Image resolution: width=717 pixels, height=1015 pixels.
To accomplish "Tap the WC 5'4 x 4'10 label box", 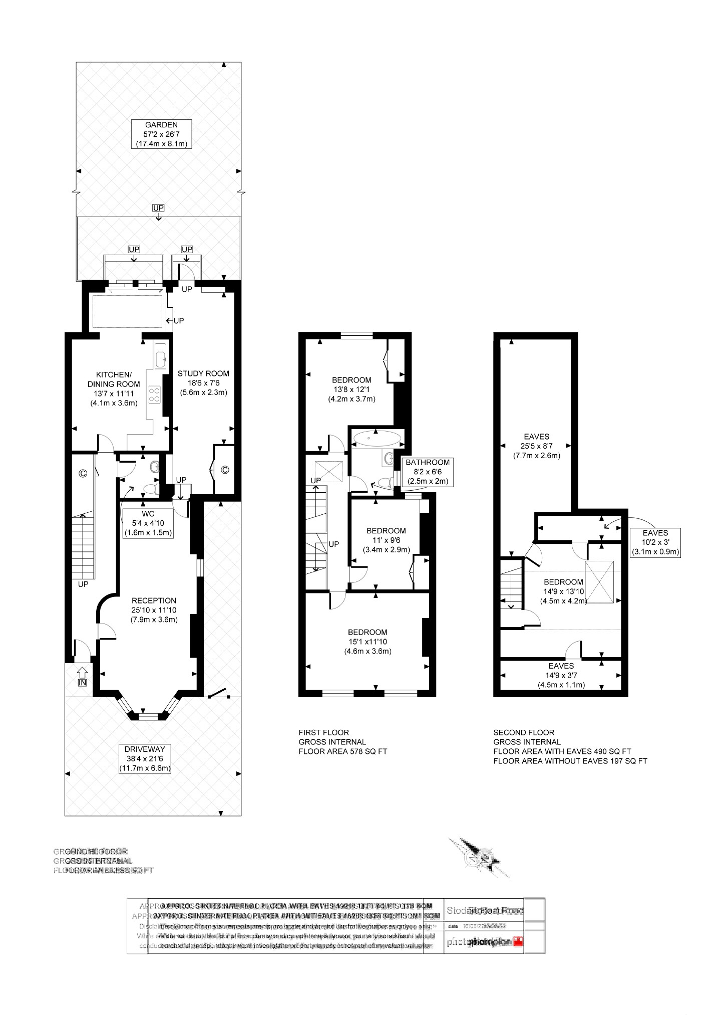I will click(148, 523).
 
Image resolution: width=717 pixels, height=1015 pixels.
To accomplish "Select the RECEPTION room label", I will click(154, 610).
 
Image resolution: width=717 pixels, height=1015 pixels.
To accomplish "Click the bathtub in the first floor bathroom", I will click(377, 439).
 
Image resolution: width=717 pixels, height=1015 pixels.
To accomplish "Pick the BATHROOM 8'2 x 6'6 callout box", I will click(427, 472).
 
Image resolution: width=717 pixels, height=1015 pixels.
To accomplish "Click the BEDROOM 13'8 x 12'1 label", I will click(351, 389).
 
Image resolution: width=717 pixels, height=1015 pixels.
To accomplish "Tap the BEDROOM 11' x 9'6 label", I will click(386, 540).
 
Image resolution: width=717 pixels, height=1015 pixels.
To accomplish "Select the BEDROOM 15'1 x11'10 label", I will click(368, 642).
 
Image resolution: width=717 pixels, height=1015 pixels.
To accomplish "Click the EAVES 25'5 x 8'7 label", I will click(536, 446).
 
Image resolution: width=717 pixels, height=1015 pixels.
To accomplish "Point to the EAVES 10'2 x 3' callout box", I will click(655, 542).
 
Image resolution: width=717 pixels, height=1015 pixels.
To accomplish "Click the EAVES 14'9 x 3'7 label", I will click(561, 675).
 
